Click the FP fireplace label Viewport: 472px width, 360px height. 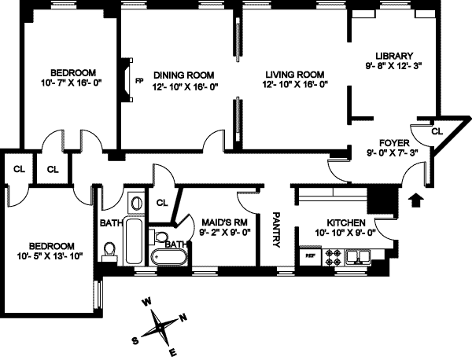point(138,80)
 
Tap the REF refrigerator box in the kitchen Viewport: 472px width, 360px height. point(309,255)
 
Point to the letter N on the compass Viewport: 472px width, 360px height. point(183,318)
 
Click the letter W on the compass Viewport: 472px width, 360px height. point(146,301)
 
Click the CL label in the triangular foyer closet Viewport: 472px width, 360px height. point(437,131)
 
